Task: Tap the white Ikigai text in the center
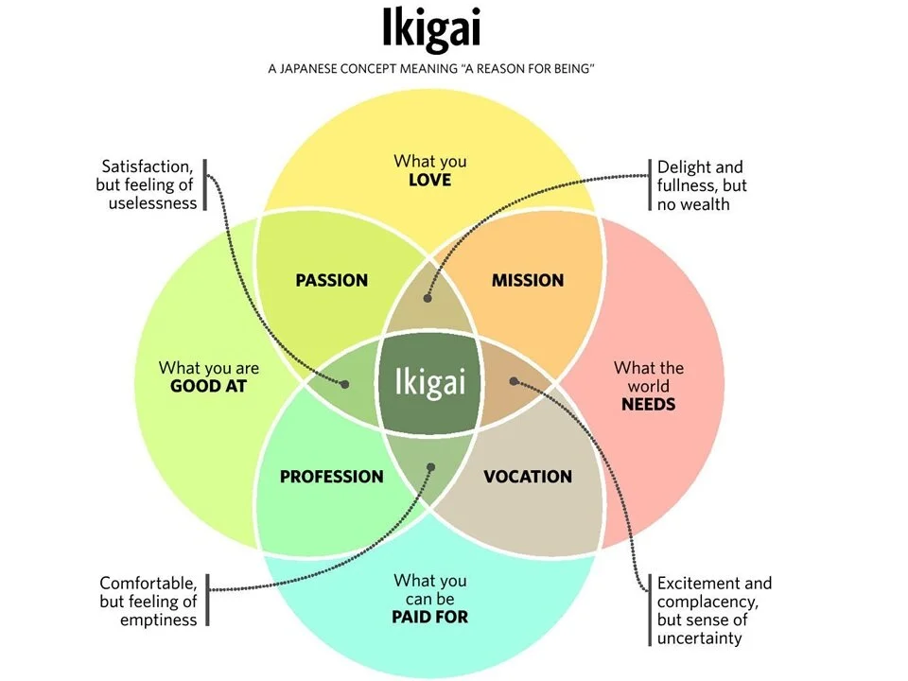tap(430, 383)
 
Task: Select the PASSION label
tap(331, 280)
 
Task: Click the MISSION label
tap(528, 280)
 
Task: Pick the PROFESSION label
tap(331, 477)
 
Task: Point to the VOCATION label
tap(528, 477)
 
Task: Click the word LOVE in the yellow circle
tap(430, 180)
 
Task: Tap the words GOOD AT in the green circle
tap(208, 386)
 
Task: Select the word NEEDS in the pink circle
tap(648, 404)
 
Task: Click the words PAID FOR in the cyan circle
tap(430, 618)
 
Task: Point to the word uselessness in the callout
tap(153, 203)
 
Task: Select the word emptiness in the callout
tap(159, 620)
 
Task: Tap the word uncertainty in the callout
tap(700, 638)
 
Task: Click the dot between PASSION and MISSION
tap(428, 298)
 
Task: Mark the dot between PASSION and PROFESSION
tap(344, 385)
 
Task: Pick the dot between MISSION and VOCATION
tap(514, 381)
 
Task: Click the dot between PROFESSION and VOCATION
tap(430, 466)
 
